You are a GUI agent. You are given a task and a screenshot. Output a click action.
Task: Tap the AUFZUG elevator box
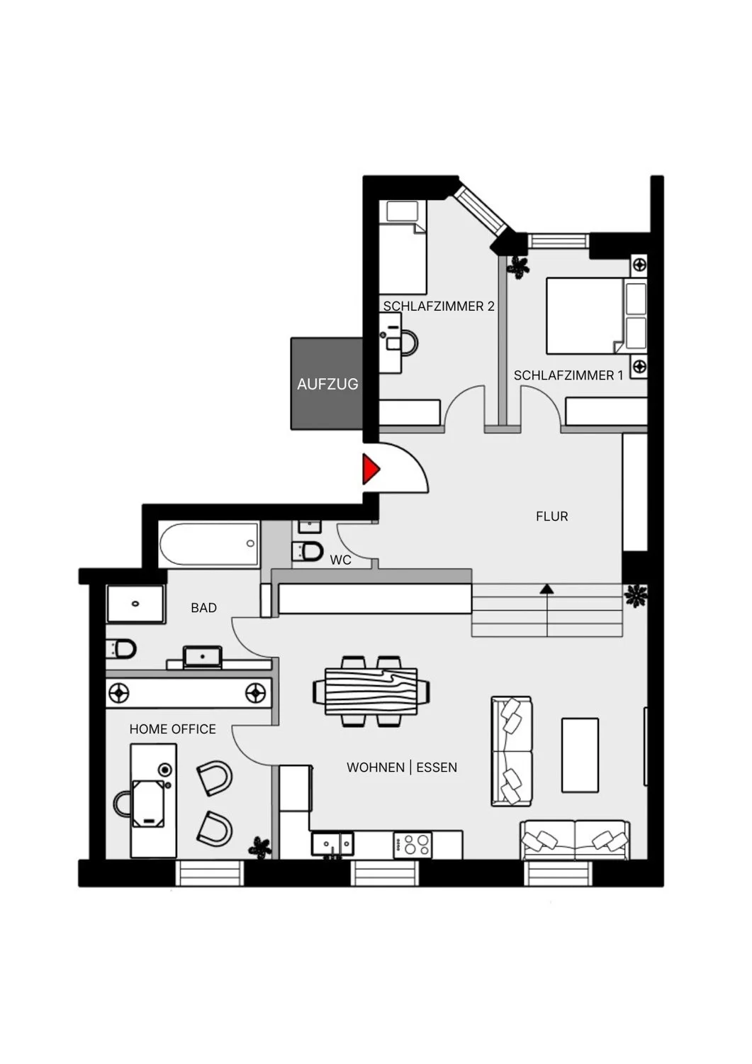point(327,384)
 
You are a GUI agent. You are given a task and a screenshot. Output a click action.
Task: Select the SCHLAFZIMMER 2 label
point(439,306)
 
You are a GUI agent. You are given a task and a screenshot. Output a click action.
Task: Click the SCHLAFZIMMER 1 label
point(568,375)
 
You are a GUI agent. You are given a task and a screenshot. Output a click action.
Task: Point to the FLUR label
point(551,516)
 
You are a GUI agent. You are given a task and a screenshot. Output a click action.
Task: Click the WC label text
point(340,560)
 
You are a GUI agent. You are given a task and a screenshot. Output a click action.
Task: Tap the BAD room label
point(203,608)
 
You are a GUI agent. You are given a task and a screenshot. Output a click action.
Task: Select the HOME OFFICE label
point(172,729)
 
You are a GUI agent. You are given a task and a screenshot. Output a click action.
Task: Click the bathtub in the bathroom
point(209,544)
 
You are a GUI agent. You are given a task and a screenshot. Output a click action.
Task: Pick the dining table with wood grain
point(371,691)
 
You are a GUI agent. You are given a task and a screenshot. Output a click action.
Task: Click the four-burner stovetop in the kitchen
point(413,845)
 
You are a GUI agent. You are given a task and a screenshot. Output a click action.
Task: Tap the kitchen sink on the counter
point(332,844)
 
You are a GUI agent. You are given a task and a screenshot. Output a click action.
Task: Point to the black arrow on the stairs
point(546,589)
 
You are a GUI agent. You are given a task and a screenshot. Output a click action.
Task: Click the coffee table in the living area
point(580,755)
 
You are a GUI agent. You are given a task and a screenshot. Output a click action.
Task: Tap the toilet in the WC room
point(308,550)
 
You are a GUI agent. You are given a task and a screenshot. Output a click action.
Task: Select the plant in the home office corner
point(259,848)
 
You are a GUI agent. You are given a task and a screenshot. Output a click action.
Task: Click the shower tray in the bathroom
point(135,604)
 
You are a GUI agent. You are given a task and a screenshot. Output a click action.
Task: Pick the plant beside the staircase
point(636,596)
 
